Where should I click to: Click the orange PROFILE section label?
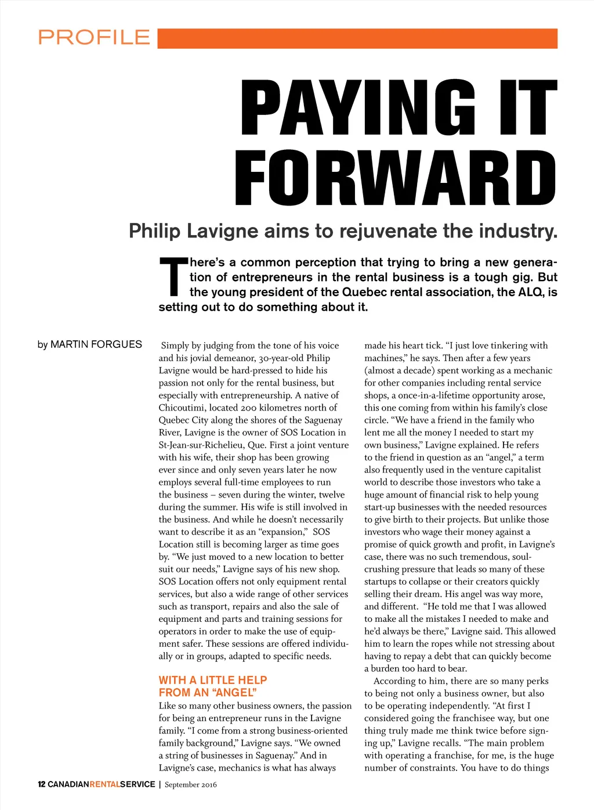pyautogui.click(x=94, y=38)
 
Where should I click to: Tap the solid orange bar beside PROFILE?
pyautogui.click(x=357, y=38)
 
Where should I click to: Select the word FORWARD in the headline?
pyautogui.click(x=396, y=177)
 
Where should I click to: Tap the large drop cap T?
pyautogui.click(x=173, y=277)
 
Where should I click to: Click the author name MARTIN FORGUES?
pyautogui.click(x=96, y=345)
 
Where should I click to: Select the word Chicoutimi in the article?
pyautogui.click(x=182, y=408)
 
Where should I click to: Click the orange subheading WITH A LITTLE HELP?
pyautogui.click(x=213, y=680)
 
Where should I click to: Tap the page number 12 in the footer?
pyautogui.click(x=41, y=784)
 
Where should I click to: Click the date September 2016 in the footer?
pyautogui.click(x=191, y=784)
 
